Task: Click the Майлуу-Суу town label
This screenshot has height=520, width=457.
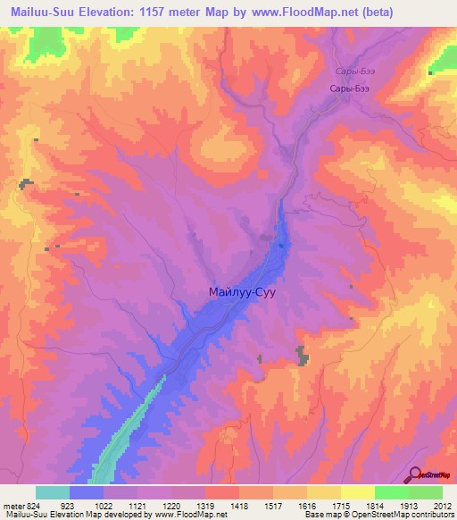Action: click(249, 291)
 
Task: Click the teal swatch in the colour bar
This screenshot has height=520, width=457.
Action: click(53, 492)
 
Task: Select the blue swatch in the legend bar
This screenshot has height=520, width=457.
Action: click(87, 492)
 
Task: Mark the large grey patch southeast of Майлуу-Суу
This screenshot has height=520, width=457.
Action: click(303, 356)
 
